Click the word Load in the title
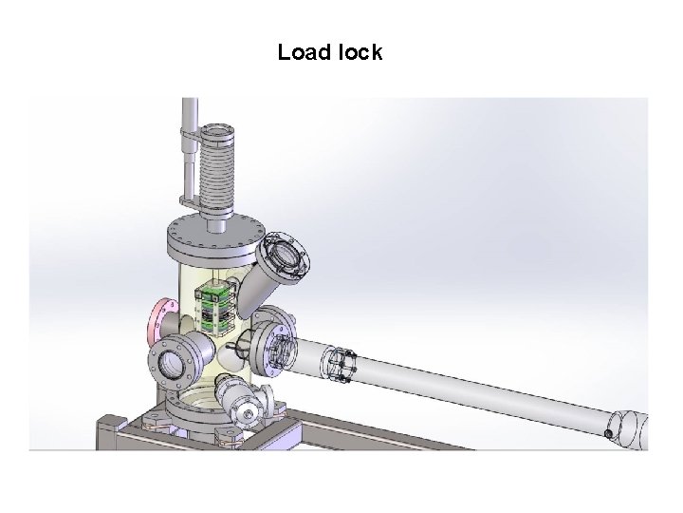coord(302,53)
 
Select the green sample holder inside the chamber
coord(216,305)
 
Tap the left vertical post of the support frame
coord(105,432)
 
